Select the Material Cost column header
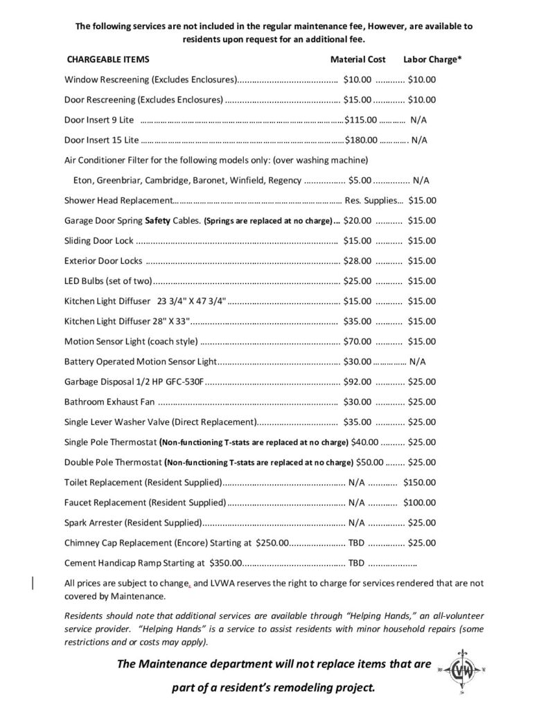[357, 60]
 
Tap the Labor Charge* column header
[433, 60]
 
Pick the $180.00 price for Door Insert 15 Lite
[361, 140]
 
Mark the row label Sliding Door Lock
[98, 241]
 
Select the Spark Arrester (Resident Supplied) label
[132, 522]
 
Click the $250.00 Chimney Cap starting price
[272, 542]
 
